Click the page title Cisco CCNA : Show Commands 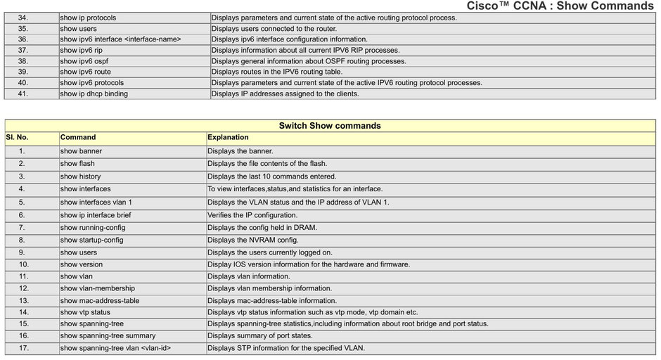[x=560, y=6]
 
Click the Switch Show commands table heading [x=330, y=126]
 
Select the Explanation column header [x=228, y=138]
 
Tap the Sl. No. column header [x=17, y=138]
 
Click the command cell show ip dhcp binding [x=94, y=94]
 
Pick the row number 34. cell [x=23, y=18]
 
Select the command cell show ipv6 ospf [x=84, y=61]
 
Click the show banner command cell [x=81, y=151]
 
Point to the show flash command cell [x=77, y=164]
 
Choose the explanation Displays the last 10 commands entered [x=272, y=176]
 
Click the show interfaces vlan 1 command [x=96, y=202]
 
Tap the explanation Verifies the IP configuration [x=252, y=215]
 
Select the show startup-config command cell [x=91, y=240]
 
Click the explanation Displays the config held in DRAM [x=262, y=228]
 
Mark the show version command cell [x=82, y=264]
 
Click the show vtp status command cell [x=85, y=312]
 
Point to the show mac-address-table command [x=100, y=300]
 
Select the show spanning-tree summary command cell [x=108, y=336]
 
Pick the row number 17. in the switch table [x=24, y=348]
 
